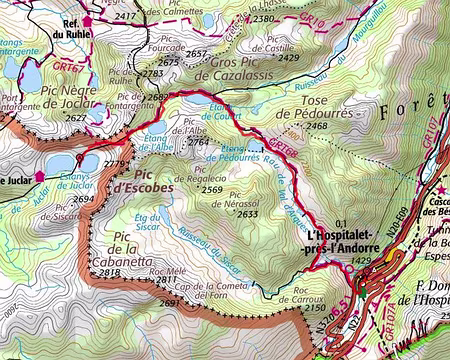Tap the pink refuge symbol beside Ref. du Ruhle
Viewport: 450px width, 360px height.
[87, 19]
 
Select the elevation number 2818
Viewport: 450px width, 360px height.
[110, 272]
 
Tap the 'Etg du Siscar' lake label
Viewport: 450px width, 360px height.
[147, 222]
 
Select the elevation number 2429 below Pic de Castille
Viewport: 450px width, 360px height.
[289, 58]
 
